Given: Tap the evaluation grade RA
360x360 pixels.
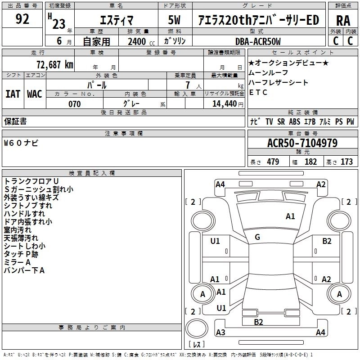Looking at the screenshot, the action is pos(343,21).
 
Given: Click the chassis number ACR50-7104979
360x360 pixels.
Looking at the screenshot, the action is pos(302,144).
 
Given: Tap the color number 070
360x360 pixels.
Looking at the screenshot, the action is pos(74,104).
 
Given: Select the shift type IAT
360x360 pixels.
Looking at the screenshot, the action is pos(13,94).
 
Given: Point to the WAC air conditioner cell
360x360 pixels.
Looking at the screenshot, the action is pos(34,94).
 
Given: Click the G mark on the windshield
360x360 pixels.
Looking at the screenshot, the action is pos(257,237).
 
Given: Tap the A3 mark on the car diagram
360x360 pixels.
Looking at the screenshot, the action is pos(220,333).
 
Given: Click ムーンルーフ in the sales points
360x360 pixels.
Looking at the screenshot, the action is pos(268,72).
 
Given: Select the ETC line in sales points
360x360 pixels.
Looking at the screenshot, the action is pos(258,92).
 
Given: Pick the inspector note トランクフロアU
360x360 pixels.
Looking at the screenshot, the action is pos(31,181).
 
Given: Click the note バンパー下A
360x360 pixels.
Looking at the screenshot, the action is pos(24,270).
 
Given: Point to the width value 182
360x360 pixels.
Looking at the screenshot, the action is pos(310,162).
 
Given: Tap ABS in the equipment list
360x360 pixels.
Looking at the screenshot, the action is pos(294,122).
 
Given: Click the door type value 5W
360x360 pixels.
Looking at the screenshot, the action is pos(174,21).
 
